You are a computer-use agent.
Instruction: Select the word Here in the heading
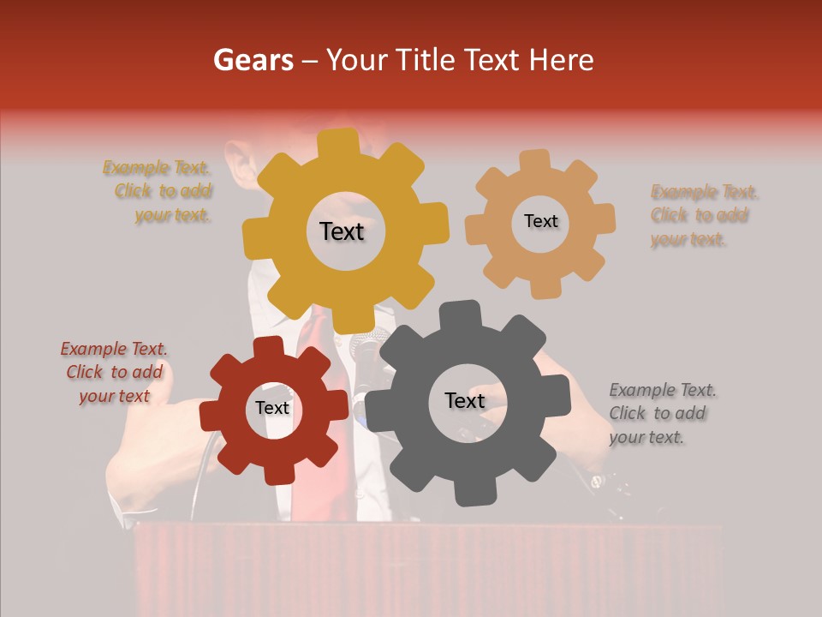[562, 60]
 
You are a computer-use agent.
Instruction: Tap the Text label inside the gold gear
[342, 231]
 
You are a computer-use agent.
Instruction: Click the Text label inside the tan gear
[540, 221]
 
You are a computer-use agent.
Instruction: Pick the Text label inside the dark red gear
[272, 408]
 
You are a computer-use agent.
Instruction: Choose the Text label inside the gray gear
[464, 400]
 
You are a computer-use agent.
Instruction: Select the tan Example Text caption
[702, 215]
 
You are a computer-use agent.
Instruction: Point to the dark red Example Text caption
[114, 372]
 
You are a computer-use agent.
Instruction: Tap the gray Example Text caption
[661, 413]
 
